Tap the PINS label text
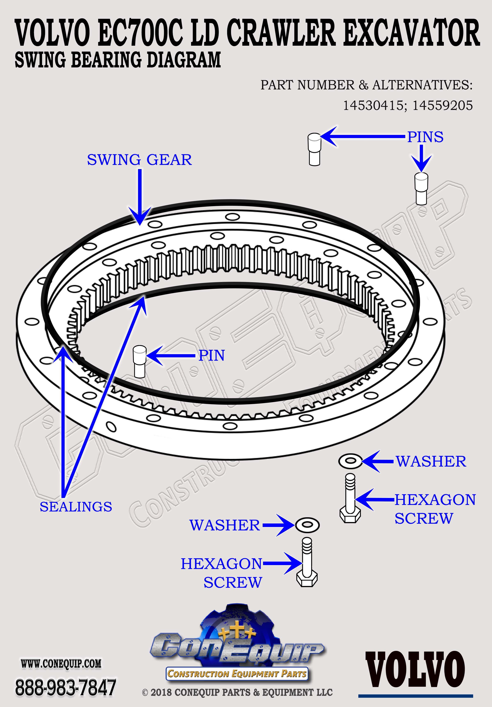[425, 137]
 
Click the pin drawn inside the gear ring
[140, 361]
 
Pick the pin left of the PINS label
[314, 149]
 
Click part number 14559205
[443, 106]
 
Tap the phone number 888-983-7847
[65, 687]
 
